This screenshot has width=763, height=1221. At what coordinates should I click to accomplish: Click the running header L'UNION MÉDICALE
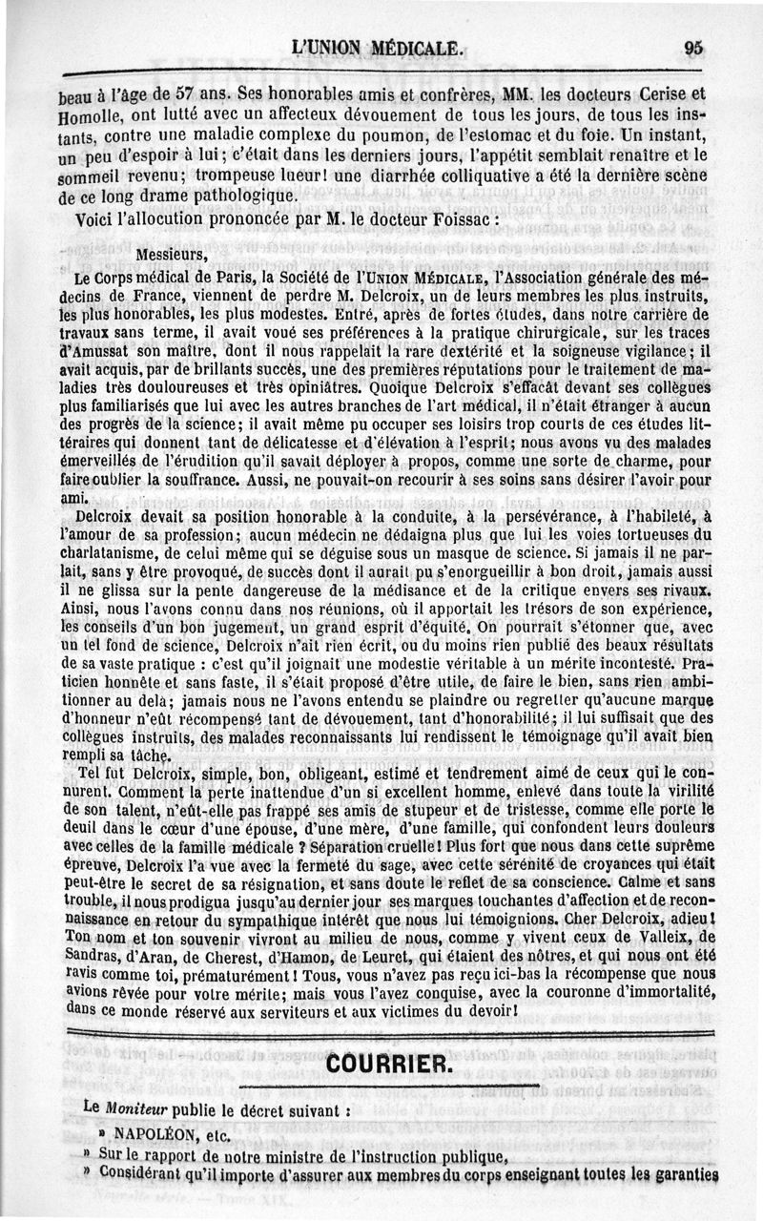379,48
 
